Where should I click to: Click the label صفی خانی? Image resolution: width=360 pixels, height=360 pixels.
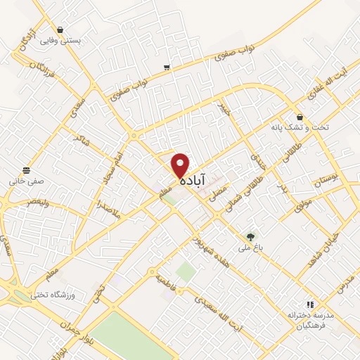point(27,180)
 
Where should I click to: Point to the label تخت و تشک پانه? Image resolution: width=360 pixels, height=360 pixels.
point(295,129)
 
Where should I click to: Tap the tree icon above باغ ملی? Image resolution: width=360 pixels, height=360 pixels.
point(250,236)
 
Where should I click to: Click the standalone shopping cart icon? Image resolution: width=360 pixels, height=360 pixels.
point(167,67)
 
